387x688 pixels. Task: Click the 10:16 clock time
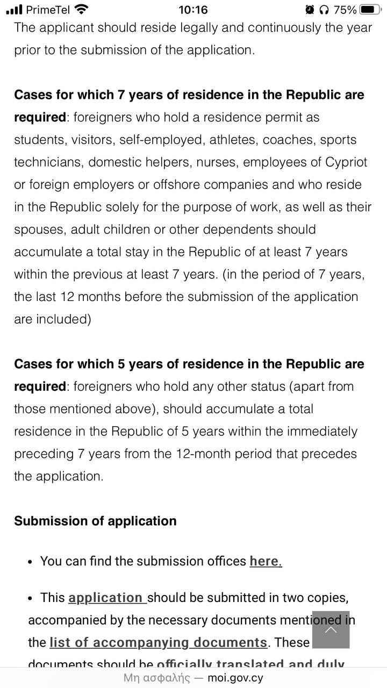point(193,9)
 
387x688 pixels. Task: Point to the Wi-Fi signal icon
point(82,9)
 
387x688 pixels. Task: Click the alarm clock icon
point(310,9)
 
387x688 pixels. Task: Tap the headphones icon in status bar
point(324,9)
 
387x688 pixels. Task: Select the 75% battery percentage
point(345,9)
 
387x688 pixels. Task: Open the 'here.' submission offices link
point(266,561)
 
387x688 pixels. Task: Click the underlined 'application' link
point(106,598)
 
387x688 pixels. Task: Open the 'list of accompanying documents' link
point(158,642)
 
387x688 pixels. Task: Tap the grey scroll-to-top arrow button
point(331,629)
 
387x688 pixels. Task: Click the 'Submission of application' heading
point(95,521)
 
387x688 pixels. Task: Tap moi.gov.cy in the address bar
point(235,678)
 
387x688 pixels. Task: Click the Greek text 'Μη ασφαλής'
point(156,678)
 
